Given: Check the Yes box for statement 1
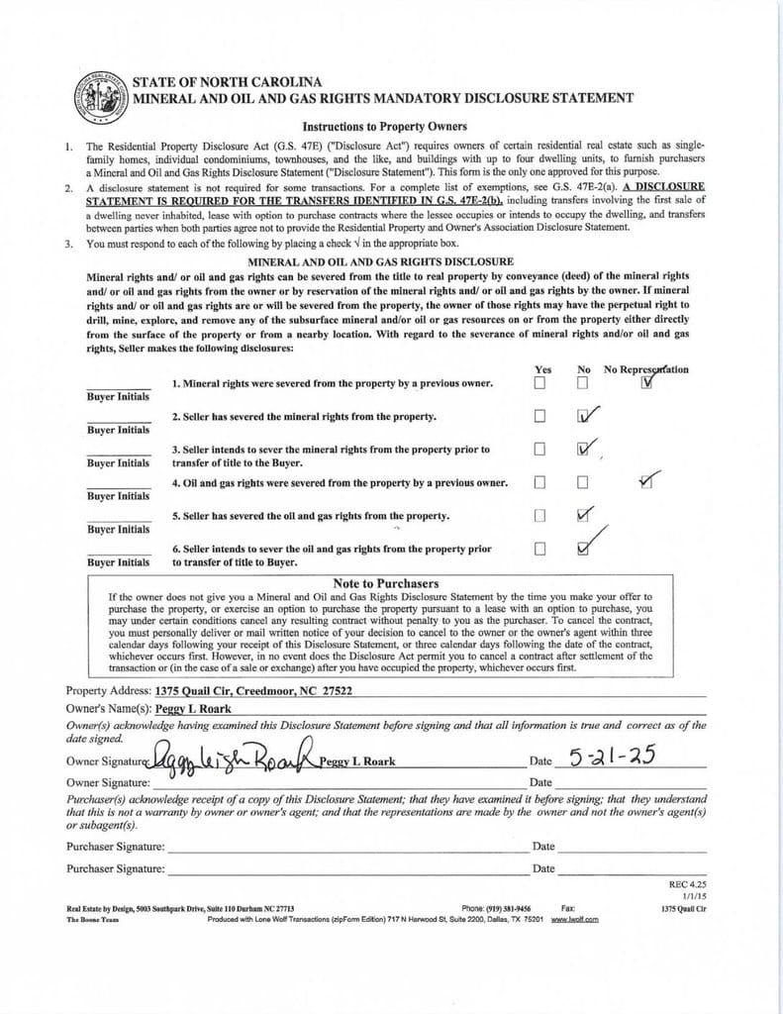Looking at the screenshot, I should [x=539, y=383].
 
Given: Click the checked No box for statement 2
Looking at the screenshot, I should [x=584, y=416].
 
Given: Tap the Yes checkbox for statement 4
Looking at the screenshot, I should [x=539, y=482].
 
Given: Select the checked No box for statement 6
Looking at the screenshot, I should [x=584, y=548].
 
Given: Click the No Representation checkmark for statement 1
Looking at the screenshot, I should [x=646, y=382].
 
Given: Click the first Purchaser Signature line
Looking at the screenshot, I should [x=346, y=847].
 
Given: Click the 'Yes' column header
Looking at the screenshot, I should [x=543, y=369].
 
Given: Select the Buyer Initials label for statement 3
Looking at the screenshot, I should [x=118, y=462].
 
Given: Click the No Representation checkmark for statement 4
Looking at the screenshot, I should [x=646, y=481].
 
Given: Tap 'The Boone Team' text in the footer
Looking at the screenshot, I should [x=94, y=919].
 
